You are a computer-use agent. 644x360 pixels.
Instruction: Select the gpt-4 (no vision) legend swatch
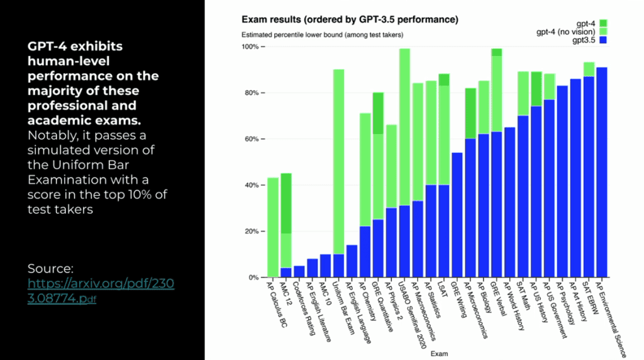coord(602,31)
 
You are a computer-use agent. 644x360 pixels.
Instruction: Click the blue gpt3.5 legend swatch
coord(602,40)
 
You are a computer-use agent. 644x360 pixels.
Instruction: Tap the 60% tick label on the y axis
coord(250,139)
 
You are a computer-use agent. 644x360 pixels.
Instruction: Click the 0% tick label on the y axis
coord(253,278)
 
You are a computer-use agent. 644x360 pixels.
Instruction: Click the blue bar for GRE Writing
coord(457,215)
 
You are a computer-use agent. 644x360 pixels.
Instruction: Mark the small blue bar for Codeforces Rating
coord(299,271)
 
